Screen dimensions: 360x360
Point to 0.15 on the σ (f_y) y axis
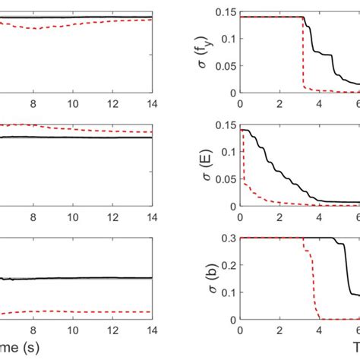[x=226, y=11]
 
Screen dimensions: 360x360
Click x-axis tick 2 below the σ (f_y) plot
[x=279, y=104]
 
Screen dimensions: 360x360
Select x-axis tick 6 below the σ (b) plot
[x=357, y=329]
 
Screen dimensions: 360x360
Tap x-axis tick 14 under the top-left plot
[x=150, y=104]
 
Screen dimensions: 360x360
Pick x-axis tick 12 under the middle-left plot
[x=112, y=216]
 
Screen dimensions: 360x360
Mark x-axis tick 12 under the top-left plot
[x=112, y=104]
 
